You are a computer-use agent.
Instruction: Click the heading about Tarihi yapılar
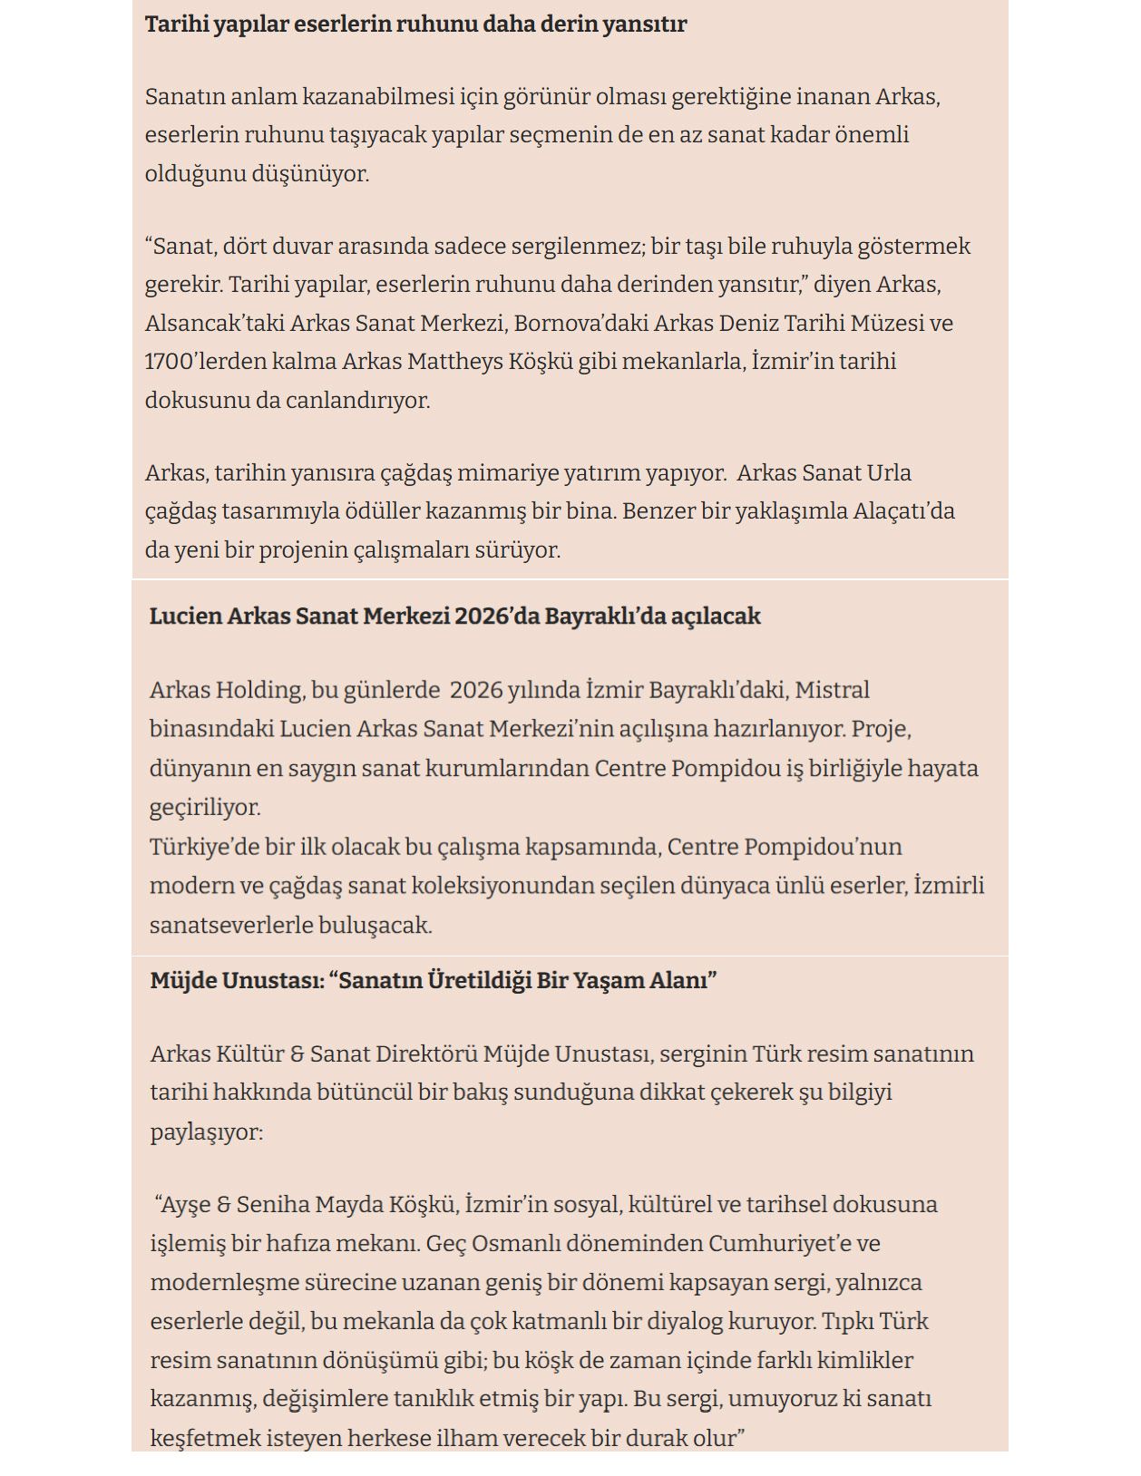coord(415,24)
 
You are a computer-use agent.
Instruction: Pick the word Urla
coord(890,473)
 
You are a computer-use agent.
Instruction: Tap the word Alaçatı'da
coord(903,511)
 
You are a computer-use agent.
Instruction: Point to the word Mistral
coord(832,691)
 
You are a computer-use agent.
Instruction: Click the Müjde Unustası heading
coord(434,981)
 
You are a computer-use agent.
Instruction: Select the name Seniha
coord(276,1205)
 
